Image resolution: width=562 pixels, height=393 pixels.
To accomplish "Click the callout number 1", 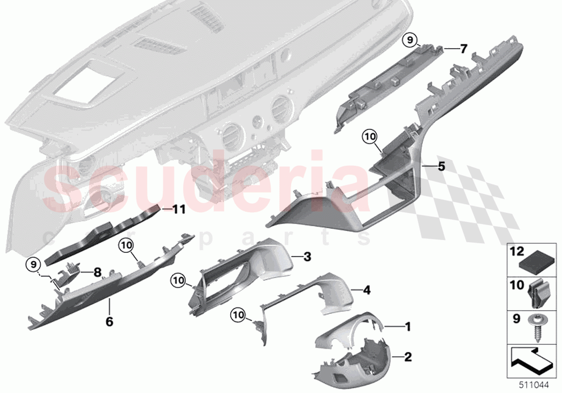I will [407, 326].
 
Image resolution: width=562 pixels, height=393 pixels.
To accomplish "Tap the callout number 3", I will [307, 257].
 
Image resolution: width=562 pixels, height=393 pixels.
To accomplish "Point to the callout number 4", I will [367, 290].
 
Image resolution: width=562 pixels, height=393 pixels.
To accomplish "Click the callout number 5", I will [441, 166].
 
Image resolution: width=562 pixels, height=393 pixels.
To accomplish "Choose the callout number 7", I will [464, 49].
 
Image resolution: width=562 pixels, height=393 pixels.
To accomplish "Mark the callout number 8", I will [97, 272].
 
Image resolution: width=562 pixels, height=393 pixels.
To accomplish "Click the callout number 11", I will [178, 210].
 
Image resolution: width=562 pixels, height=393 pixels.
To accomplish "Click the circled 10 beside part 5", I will [369, 137].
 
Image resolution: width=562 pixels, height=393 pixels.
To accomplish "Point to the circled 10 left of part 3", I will [179, 279].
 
